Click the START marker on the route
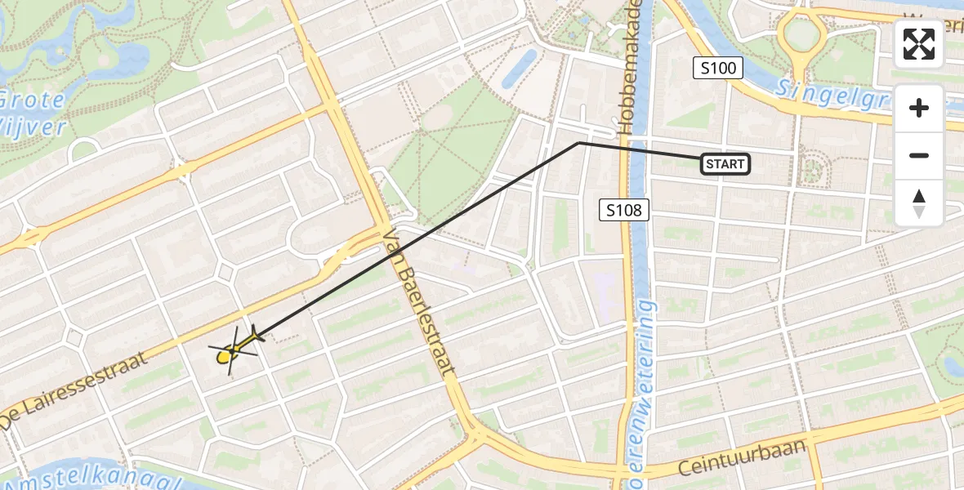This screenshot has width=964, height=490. point(725,164)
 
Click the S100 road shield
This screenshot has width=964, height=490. point(719,69)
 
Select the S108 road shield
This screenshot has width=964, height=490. point(624,211)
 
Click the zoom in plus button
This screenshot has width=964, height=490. point(919,108)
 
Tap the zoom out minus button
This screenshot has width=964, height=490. point(919,155)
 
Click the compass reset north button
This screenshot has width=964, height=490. point(919,203)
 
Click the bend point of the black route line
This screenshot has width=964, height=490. point(579,143)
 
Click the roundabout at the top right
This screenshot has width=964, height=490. point(802,33)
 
